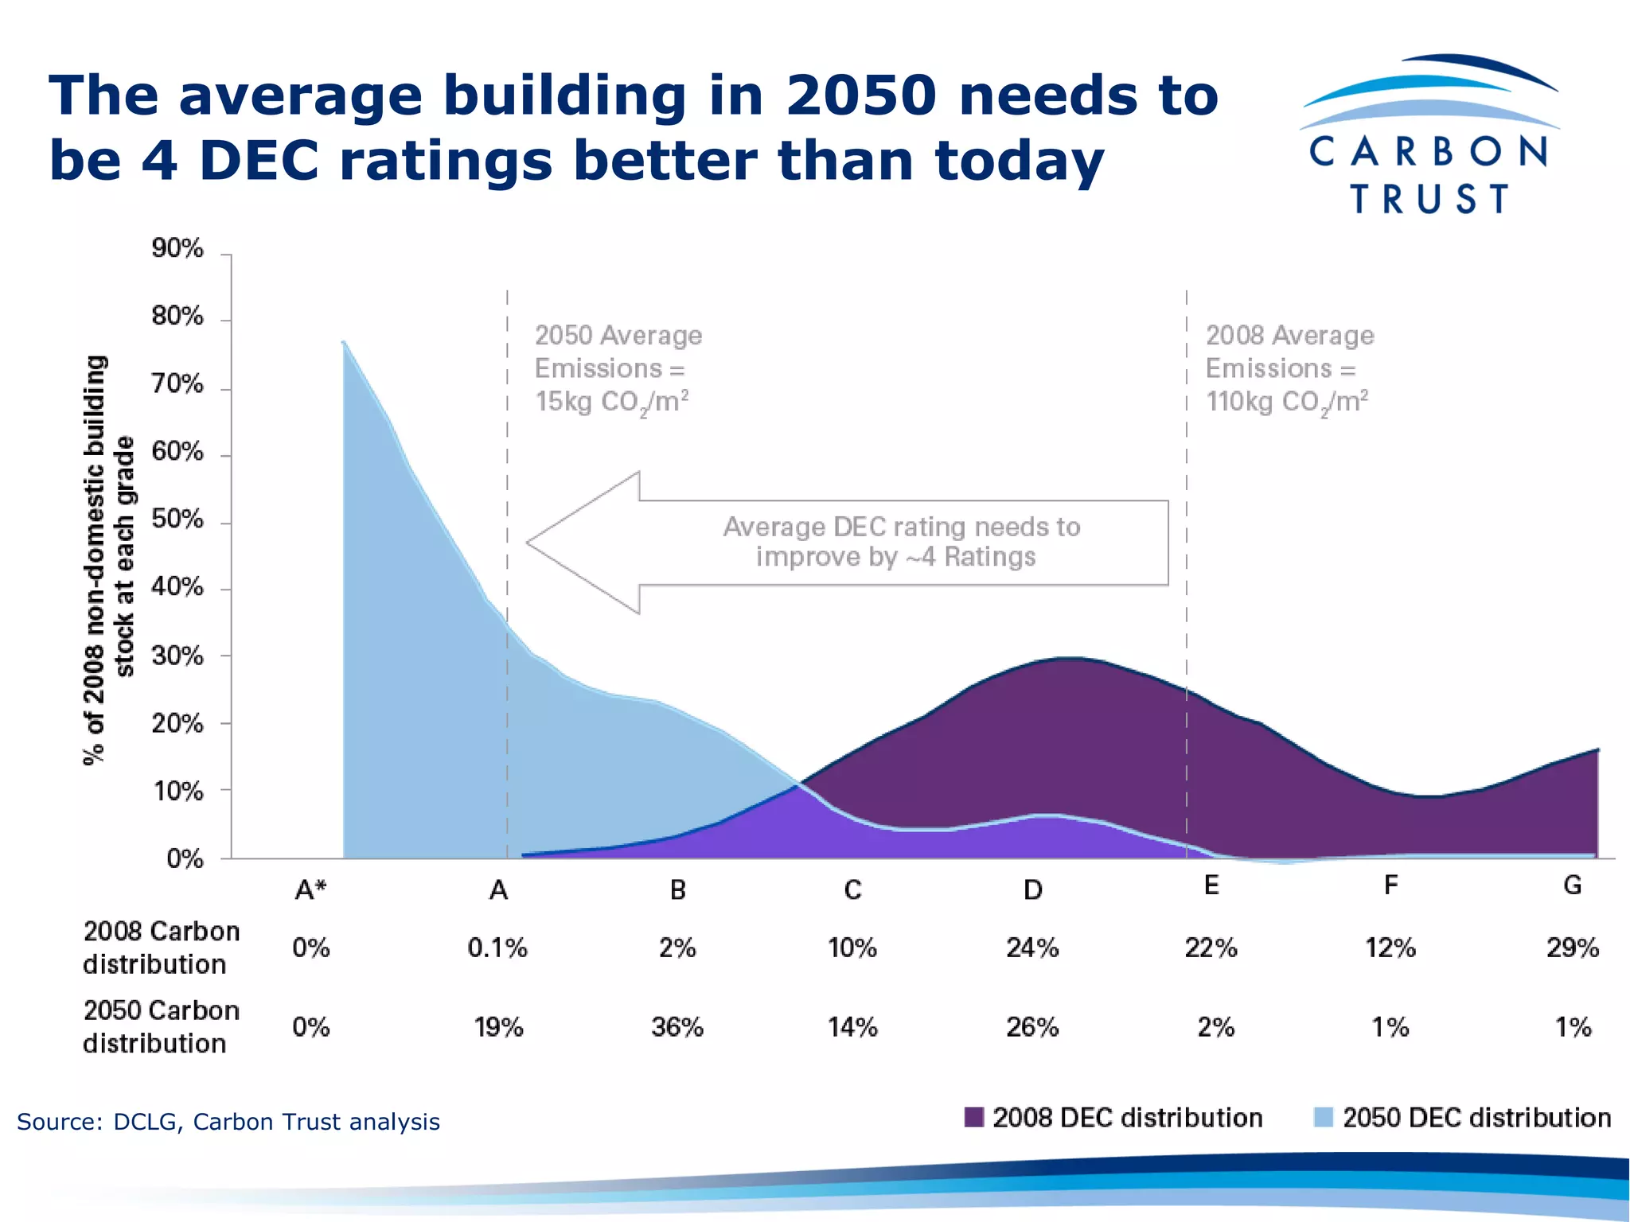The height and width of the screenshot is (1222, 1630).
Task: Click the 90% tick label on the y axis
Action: click(177, 249)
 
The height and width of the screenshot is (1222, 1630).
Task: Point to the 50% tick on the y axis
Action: click(177, 520)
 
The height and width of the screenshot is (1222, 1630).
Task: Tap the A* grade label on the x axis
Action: click(310, 889)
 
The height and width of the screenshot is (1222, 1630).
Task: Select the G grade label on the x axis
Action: click(1572, 885)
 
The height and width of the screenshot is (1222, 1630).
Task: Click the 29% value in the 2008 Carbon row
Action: click(1572, 948)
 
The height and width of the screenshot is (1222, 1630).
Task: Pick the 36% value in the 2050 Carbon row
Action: click(677, 1028)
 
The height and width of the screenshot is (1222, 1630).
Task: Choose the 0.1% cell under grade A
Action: click(497, 948)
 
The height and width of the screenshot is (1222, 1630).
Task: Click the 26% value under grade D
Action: click(1032, 1028)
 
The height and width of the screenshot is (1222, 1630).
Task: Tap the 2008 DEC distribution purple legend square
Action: click(973, 1118)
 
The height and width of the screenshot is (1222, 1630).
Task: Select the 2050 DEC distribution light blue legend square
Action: click(1323, 1118)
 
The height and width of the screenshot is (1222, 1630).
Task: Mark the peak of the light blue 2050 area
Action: click(344, 343)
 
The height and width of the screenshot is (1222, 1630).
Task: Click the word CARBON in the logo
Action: click(1429, 152)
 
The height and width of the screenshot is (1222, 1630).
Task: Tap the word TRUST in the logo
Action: click(1429, 199)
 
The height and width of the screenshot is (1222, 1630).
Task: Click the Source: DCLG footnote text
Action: click(228, 1122)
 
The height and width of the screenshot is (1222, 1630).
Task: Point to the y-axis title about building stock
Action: click(109, 560)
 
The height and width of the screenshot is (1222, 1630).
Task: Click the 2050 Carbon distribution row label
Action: click(161, 1027)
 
